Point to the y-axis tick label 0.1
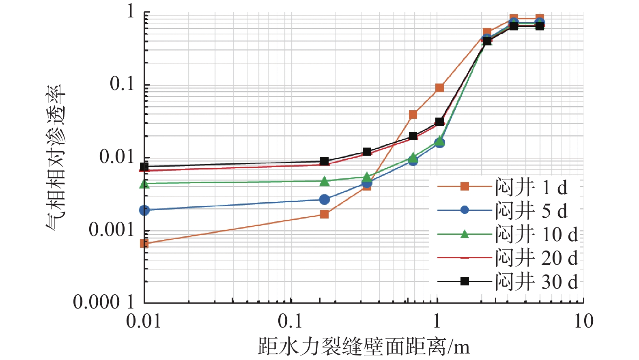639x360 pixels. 122,84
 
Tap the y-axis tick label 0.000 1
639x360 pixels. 103,302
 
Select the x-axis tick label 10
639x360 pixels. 583,321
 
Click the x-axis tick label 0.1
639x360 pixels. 290,321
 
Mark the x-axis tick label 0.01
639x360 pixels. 144,321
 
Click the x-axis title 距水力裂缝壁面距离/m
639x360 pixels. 364,347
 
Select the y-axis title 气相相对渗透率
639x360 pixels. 56,158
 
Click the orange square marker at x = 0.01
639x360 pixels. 144,244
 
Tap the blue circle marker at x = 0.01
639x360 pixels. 144,210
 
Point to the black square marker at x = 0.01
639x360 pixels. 144,166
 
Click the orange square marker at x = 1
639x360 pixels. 439,88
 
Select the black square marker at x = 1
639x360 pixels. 439,122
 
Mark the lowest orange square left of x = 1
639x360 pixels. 144,244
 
